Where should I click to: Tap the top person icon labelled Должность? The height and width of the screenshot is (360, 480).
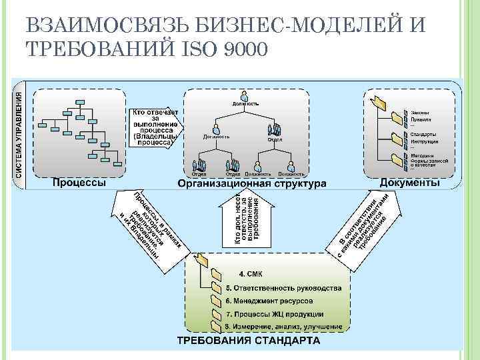(245, 96)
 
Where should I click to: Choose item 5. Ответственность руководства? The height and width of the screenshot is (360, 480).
(283, 288)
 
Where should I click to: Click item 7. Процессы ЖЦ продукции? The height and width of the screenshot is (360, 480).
(274, 314)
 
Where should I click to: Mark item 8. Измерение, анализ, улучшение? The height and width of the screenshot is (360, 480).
(283, 327)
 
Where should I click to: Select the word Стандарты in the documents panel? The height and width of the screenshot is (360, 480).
(423, 134)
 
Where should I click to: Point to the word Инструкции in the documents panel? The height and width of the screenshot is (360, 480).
(424, 142)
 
